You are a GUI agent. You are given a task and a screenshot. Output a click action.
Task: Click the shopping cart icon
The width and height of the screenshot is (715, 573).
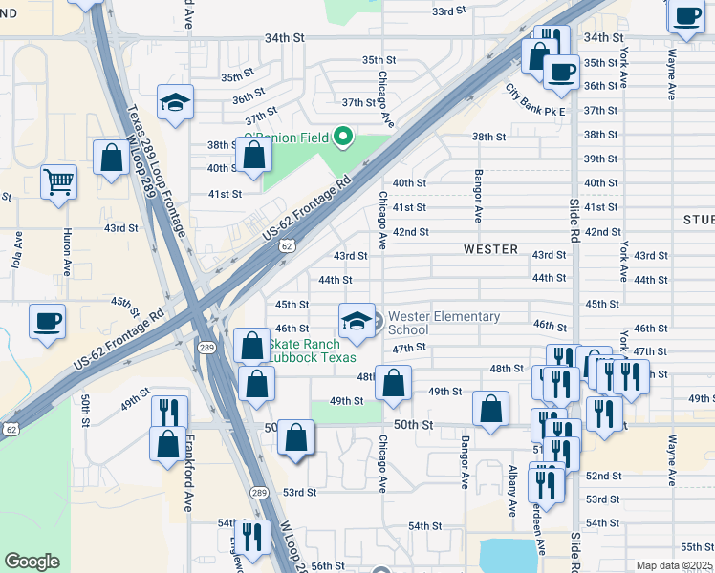[x=58, y=180]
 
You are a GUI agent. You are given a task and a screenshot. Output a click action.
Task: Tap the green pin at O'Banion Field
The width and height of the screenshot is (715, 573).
[x=342, y=138]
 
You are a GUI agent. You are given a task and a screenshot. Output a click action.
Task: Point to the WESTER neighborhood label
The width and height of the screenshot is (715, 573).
[x=490, y=249]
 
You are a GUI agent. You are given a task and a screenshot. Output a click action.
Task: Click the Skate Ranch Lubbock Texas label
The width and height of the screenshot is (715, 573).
[x=312, y=350]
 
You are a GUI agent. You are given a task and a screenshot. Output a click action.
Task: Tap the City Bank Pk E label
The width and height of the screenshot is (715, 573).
[x=535, y=99]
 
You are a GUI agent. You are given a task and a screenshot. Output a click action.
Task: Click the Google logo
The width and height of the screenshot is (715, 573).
[x=32, y=562]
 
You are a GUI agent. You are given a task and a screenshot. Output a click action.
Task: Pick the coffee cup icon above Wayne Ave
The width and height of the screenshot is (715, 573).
[x=686, y=14]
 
